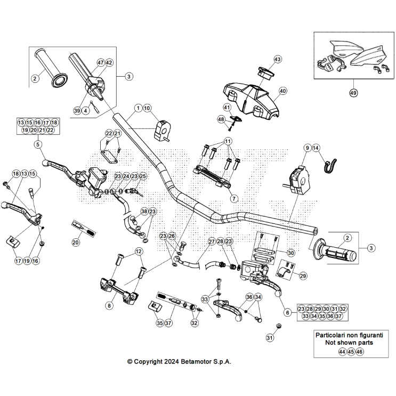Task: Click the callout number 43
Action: [277, 59]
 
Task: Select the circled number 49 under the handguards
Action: [353, 93]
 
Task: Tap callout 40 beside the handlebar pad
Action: [282, 91]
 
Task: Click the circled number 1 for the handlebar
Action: [138, 108]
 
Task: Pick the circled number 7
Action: [233, 198]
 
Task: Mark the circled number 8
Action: [109, 306]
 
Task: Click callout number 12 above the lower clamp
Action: [139, 252]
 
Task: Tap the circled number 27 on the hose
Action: [212, 241]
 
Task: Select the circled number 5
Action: [37, 144]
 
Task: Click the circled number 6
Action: [287, 313]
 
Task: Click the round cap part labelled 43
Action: [265, 71]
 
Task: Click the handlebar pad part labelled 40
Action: [250, 99]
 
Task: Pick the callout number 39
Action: [77, 111]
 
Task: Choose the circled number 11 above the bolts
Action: [228, 141]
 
